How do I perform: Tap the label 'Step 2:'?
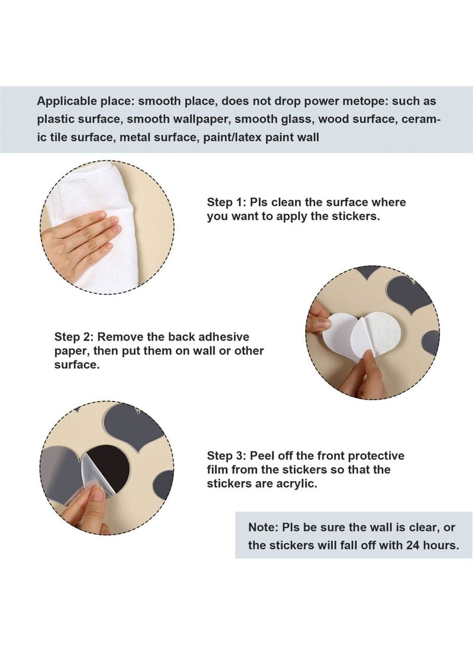(x=74, y=337)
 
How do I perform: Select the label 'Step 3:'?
(x=226, y=456)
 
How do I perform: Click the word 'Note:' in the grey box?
(x=263, y=527)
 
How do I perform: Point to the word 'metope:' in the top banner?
(x=368, y=101)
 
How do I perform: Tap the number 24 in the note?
(x=412, y=546)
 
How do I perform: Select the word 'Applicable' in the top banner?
(x=65, y=101)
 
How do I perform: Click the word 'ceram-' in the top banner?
(x=421, y=119)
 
